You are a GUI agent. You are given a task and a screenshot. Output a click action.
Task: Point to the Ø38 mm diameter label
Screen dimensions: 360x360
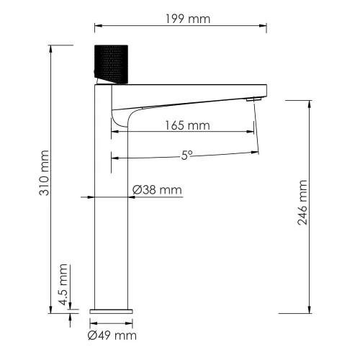tap(157, 190)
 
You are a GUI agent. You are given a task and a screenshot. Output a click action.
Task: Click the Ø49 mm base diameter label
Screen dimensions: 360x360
tap(112, 335)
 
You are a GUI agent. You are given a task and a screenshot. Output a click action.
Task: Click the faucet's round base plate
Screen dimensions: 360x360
tap(112, 309)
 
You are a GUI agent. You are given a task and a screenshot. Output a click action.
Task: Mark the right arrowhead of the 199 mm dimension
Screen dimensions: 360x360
tap(264, 28)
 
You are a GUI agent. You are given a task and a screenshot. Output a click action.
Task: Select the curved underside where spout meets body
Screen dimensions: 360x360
tap(119, 115)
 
